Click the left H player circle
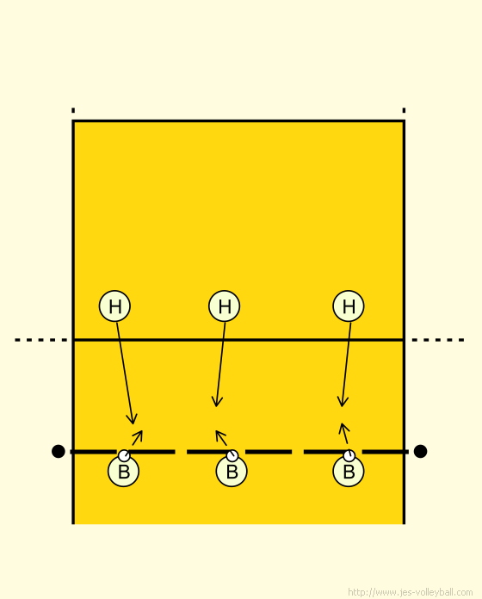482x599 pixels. coord(114,306)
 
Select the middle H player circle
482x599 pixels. coord(224,306)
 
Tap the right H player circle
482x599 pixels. coord(349,306)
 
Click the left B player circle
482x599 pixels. coord(123,472)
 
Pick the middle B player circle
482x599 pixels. coord(232,472)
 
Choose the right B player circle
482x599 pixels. coord(349,472)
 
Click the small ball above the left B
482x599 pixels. coord(124,455)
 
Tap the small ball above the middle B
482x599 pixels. coord(232,455)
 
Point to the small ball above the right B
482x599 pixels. coord(349,455)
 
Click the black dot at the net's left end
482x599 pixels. coord(58,451)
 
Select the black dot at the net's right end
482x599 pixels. coord(420,451)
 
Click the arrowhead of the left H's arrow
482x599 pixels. coord(133,420)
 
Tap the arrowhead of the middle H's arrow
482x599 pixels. coord(217,402)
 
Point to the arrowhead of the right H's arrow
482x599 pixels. coord(343,402)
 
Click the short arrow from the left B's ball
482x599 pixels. coord(137,438)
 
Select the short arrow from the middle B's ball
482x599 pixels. coord(221,438)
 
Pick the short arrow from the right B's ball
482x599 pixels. coord(343,434)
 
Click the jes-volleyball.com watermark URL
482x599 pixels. coord(411,592)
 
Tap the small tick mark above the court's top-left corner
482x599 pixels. coord(73,110)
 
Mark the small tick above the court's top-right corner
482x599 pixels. coord(404,110)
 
